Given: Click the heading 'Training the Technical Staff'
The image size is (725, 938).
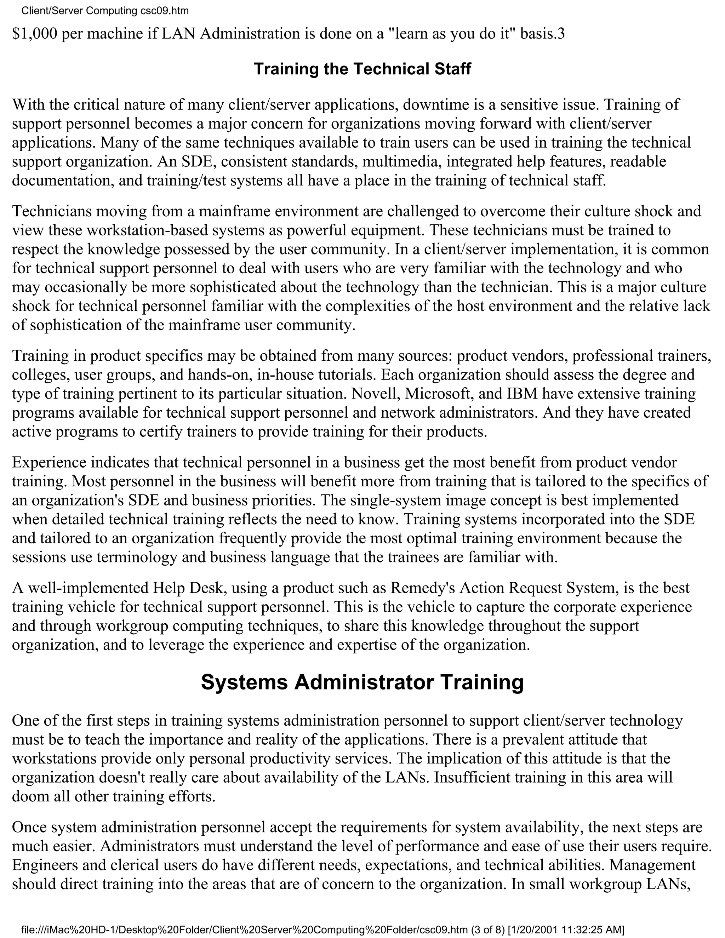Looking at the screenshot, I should [362, 69].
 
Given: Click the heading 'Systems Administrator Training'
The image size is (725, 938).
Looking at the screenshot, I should [362, 682].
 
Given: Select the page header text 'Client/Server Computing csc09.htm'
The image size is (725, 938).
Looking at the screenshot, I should [105, 11].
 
